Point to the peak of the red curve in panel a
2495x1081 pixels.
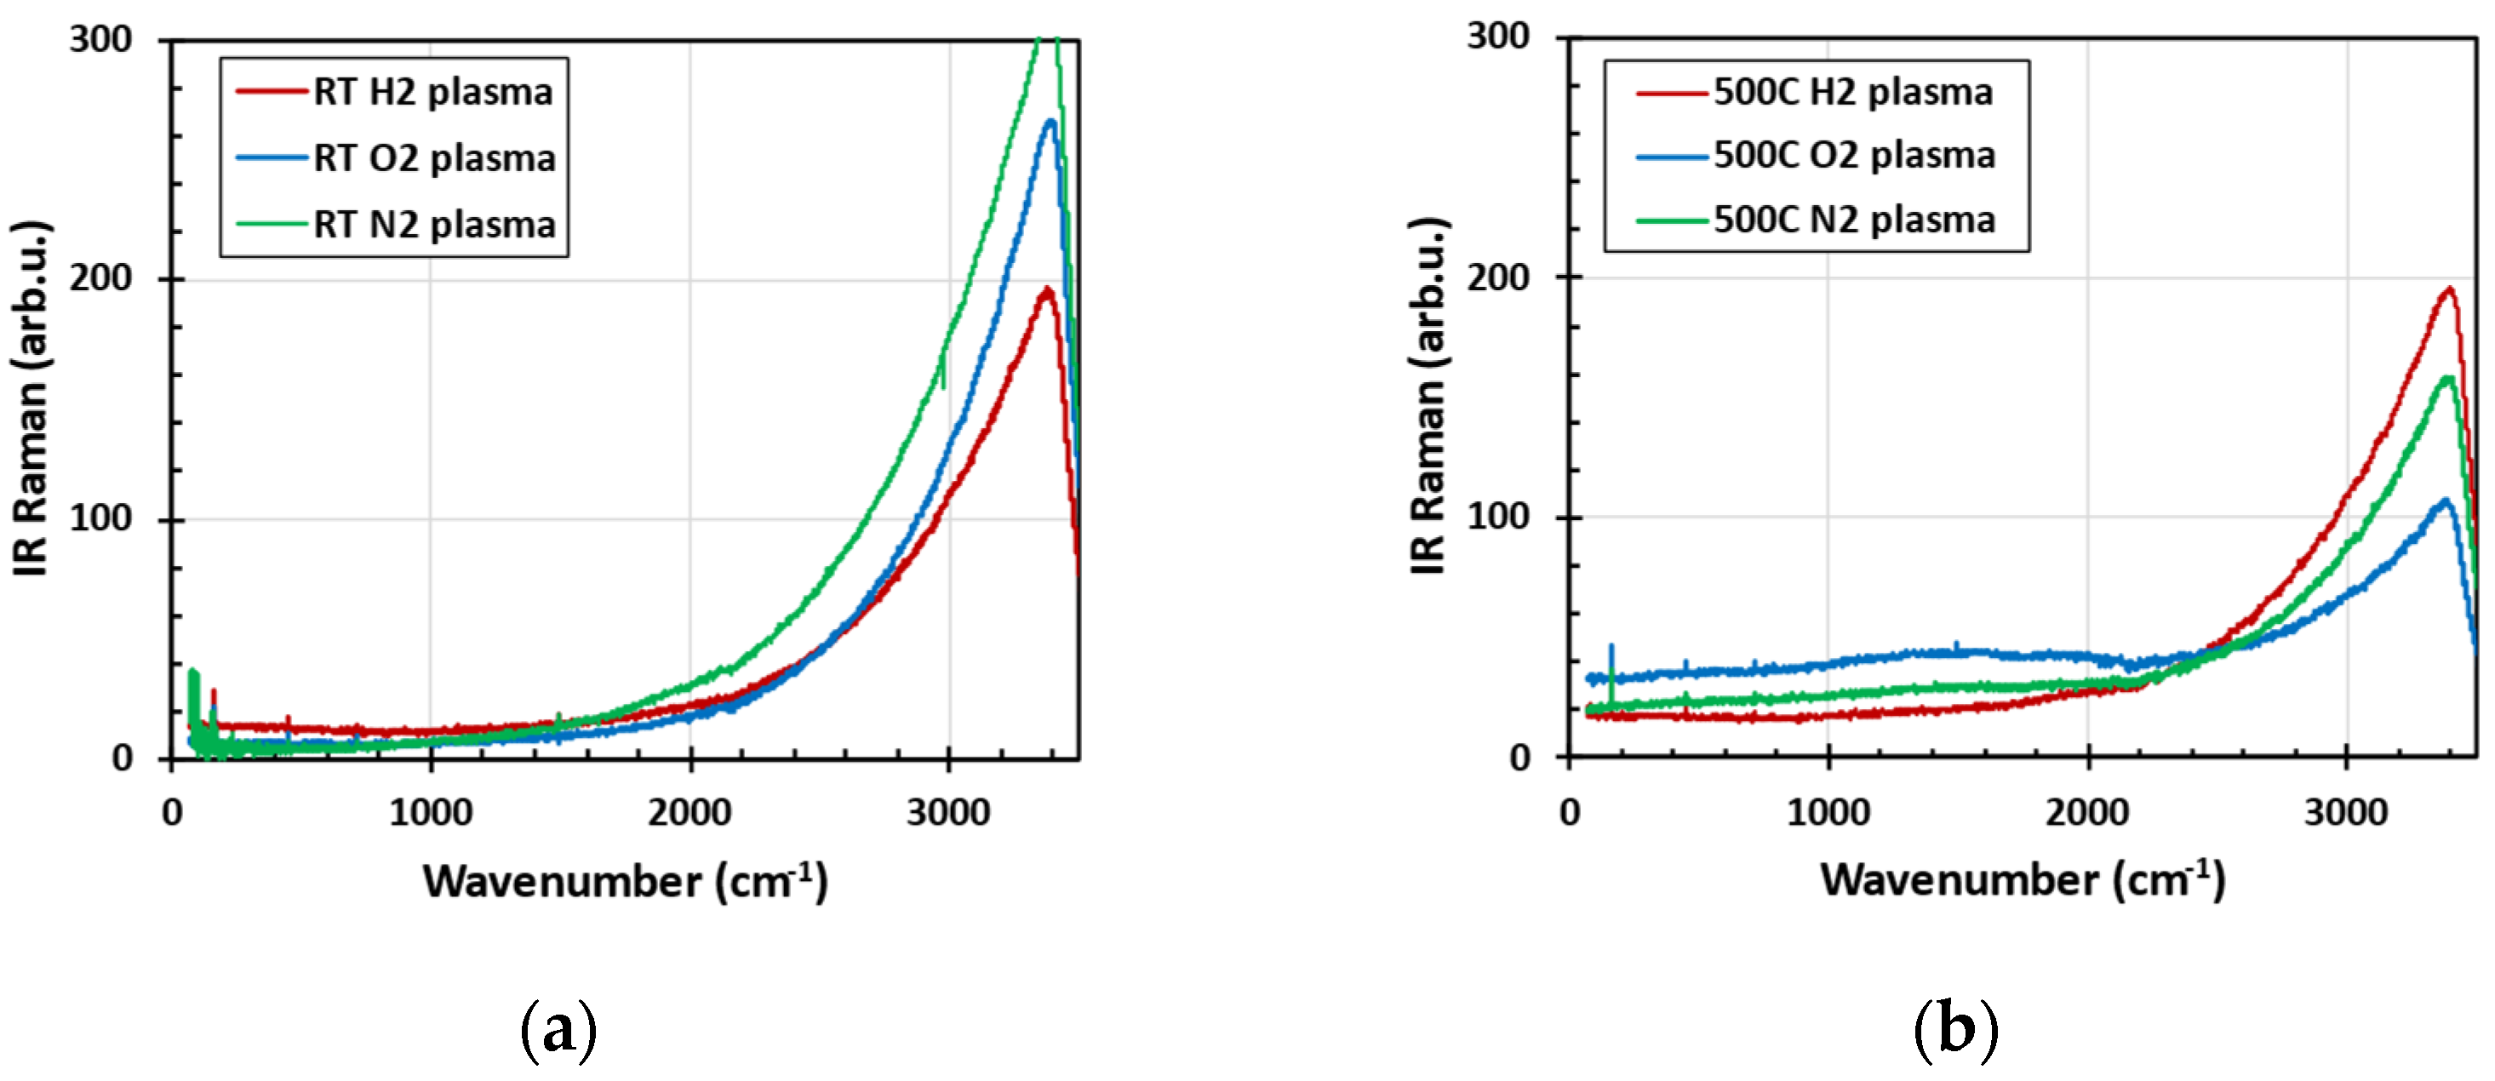click(1046, 289)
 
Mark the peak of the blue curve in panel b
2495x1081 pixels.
click(2445, 500)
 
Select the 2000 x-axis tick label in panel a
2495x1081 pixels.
click(690, 812)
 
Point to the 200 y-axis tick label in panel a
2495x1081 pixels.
click(100, 278)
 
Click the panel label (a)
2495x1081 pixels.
click(559, 1030)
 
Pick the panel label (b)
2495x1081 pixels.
click(1955, 1030)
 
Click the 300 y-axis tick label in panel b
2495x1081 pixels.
click(1497, 37)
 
